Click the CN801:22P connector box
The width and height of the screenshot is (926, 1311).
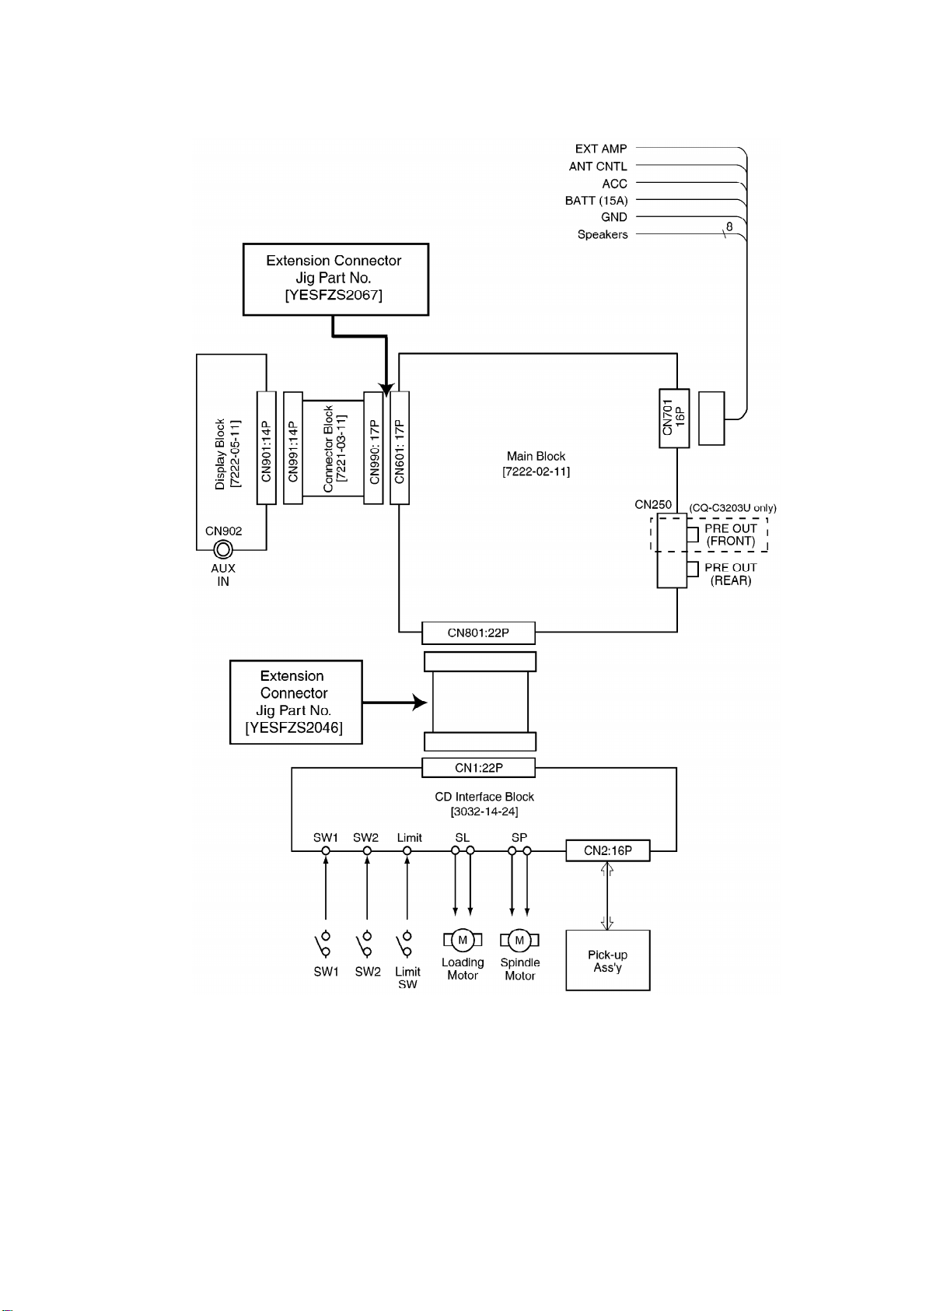coord(478,633)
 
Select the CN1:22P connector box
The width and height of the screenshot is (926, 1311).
coord(478,768)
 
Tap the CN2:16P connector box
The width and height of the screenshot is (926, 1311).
coord(607,850)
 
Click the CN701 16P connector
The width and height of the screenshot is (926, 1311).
coord(674,418)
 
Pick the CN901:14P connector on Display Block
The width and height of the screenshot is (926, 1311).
coord(267,447)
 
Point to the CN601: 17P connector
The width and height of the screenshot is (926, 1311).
coord(400,447)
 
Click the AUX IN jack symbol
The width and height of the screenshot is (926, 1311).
coord(223,550)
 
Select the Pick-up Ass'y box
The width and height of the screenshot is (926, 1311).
coord(607,961)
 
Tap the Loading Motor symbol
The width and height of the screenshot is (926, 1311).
coord(463,940)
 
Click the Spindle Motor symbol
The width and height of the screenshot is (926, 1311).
coord(519,940)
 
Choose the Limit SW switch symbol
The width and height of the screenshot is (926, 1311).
coord(404,945)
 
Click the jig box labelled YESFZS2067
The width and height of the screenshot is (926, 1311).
coord(336,279)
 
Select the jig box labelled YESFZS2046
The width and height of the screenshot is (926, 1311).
coord(295,703)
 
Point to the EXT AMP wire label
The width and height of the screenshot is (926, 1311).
coord(601,149)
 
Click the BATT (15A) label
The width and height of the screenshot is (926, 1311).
coord(596,201)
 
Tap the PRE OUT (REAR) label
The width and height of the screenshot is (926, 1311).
coord(730,574)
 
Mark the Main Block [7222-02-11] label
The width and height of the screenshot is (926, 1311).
coord(536,464)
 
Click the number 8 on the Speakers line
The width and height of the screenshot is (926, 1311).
coord(729,226)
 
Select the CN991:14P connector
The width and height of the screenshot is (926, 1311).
coord(293,447)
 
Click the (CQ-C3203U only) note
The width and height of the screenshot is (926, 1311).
coord(732,508)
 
